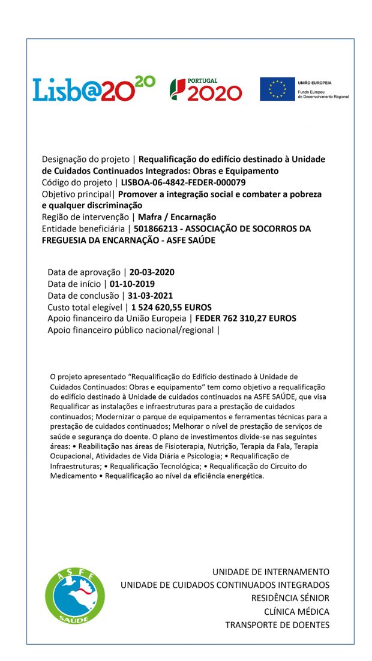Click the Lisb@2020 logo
(94, 89)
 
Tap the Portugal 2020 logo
(206, 89)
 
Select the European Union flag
(277, 89)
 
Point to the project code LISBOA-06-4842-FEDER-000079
(183, 182)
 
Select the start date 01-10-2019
(133, 284)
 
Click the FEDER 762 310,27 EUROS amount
(245, 319)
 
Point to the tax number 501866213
(154, 229)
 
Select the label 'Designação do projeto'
(85, 160)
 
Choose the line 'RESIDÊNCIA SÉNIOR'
(290, 598)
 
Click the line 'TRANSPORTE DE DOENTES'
(277, 625)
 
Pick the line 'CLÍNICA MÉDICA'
(296, 612)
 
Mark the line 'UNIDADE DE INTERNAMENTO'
(271, 572)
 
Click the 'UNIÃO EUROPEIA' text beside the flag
(314, 83)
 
